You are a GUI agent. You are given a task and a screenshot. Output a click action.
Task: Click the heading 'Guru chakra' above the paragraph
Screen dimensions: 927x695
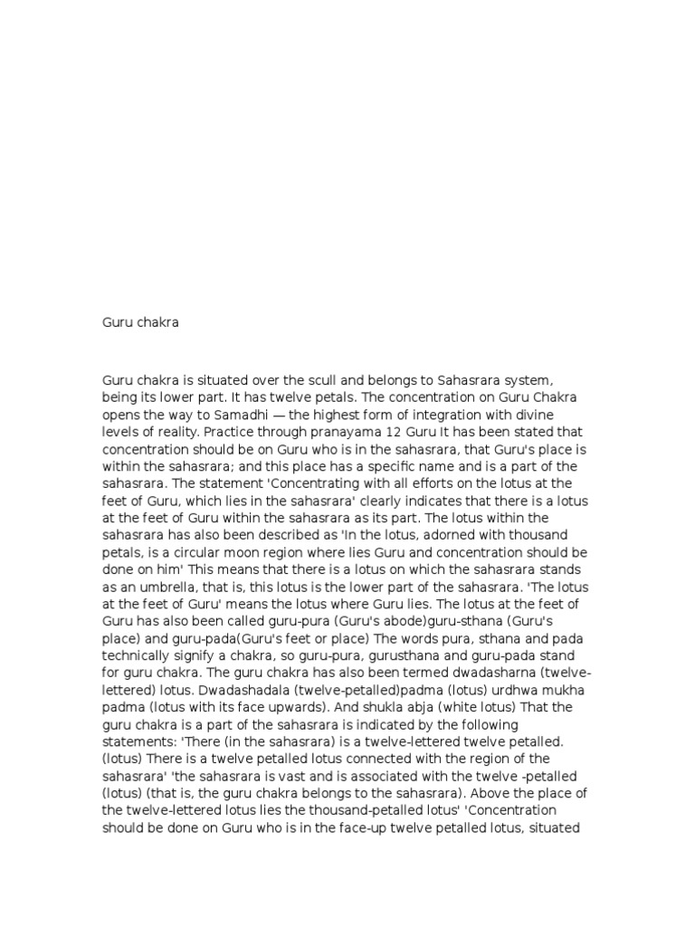click(x=140, y=322)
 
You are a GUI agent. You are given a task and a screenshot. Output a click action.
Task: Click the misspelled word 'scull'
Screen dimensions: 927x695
click(x=330, y=381)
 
